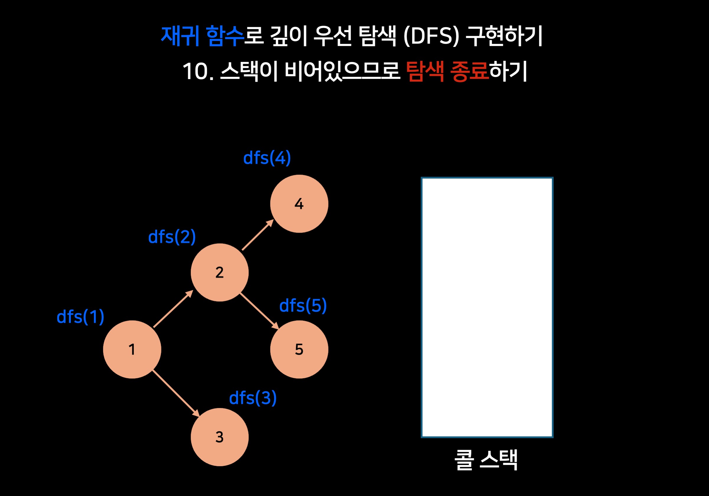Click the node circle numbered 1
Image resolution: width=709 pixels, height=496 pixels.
pos(132,349)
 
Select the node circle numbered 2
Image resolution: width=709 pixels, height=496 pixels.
pos(219,272)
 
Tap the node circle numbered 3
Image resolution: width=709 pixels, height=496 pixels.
pos(219,437)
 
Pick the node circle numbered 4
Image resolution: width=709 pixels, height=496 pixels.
pos(299,204)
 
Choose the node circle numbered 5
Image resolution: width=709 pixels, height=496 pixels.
pos(299,349)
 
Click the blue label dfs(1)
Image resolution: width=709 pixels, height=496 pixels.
pos(80,317)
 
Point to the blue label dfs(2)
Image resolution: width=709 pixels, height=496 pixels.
pos(172,237)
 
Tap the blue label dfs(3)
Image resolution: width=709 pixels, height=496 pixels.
pos(253,398)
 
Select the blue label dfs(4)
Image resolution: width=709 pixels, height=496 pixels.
pos(267,158)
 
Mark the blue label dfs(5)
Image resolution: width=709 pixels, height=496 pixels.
pos(303,306)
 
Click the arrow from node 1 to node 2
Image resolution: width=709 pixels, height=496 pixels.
pos(173,309)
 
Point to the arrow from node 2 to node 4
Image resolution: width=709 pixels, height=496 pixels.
pos(258,235)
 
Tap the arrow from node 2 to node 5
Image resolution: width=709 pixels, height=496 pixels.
pos(259,311)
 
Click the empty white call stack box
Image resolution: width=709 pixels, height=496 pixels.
pos(487,307)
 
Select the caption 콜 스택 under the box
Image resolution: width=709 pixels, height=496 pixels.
pos(486,460)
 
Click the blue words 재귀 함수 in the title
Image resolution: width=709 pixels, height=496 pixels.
pos(202,36)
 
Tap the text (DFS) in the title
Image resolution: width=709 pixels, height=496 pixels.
pos(431,36)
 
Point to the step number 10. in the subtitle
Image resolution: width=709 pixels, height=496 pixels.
pos(198,72)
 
